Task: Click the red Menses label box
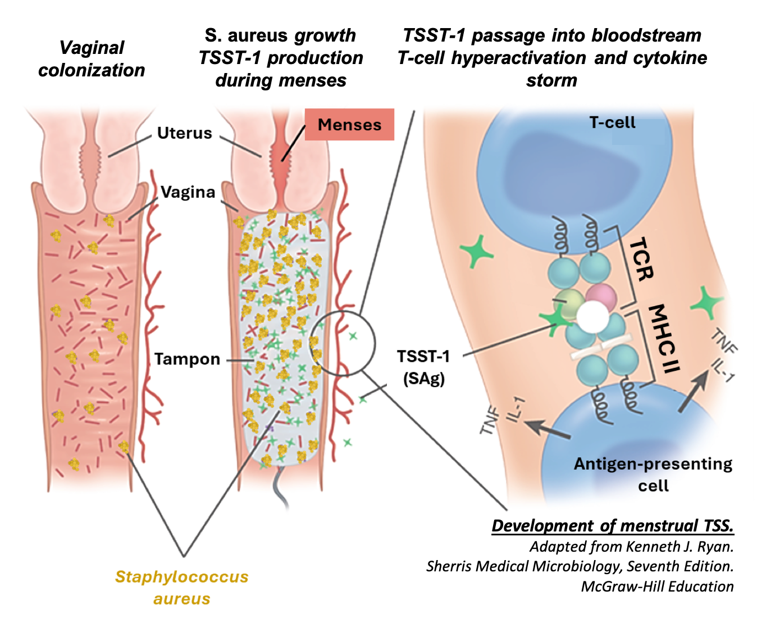point(349,125)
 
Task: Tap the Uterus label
point(184,133)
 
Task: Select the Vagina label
point(188,192)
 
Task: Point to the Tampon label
point(187,359)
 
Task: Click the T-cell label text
point(612,122)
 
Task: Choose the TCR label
point(641,258)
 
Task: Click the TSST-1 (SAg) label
point(423,367)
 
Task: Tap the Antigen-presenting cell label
point(653,474)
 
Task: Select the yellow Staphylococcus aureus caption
point(181,588)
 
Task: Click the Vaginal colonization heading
point(92,58)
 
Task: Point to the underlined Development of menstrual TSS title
point(613,526)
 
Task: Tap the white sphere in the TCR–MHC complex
point(593,317)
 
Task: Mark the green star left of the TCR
point(477,252)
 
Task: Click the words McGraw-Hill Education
point(657,586)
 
